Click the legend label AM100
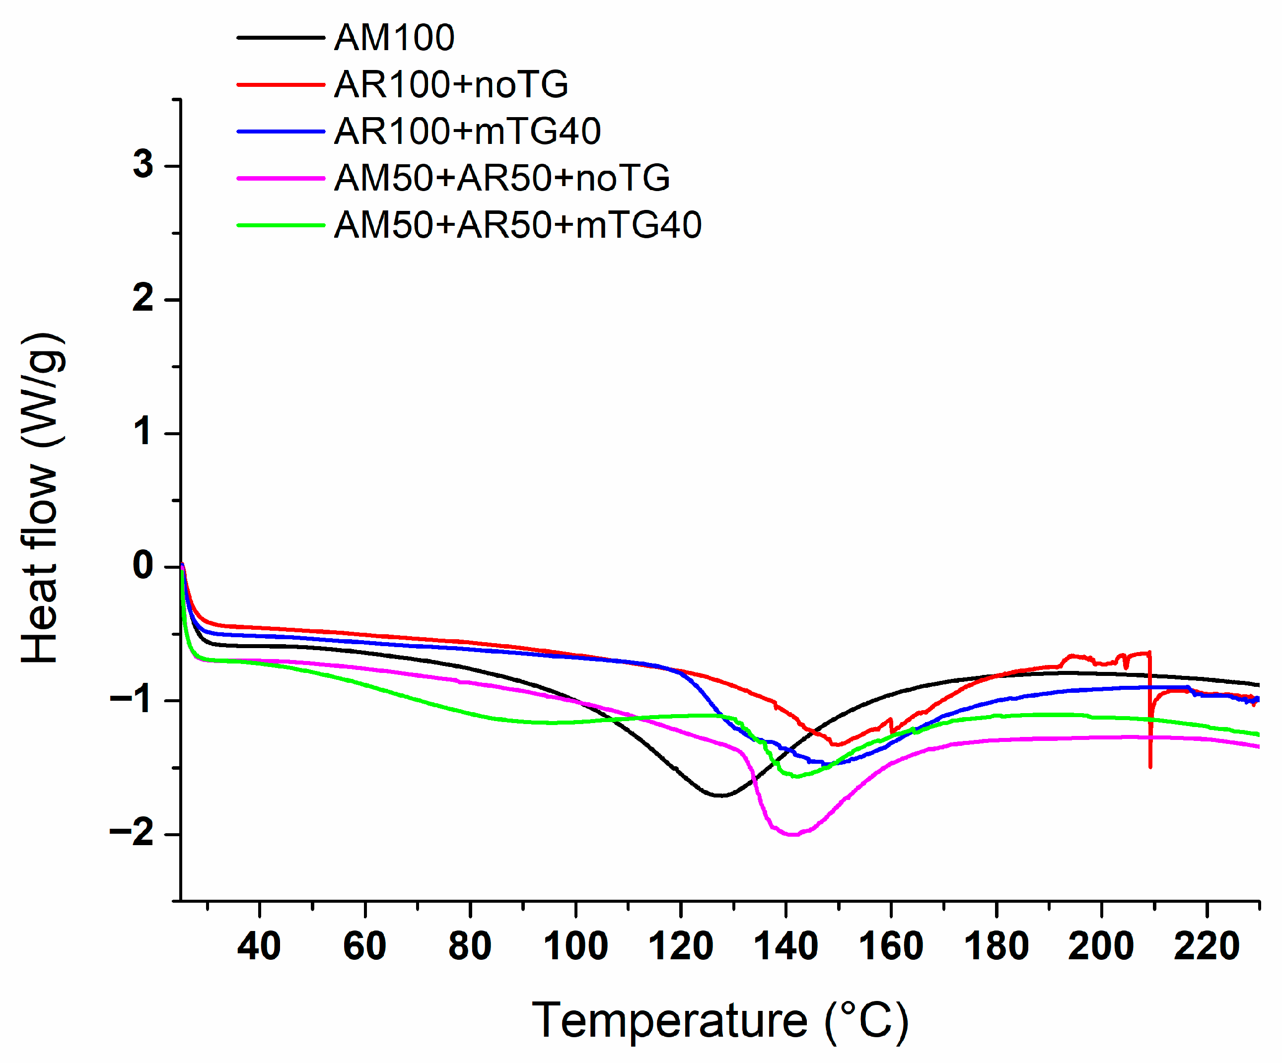pos(394,38)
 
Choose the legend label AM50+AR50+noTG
pos(502,178)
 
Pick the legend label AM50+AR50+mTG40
pos(518,225)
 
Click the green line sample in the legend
pos(281,225)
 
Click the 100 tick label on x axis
pos(575,946)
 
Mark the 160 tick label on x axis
pos(891,946)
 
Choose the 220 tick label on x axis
pos(1207,946)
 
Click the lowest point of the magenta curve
pos(792,835)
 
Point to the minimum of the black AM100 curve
pos(721,796)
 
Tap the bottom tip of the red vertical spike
pos(1150,767)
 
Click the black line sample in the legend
pos(281,38)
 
